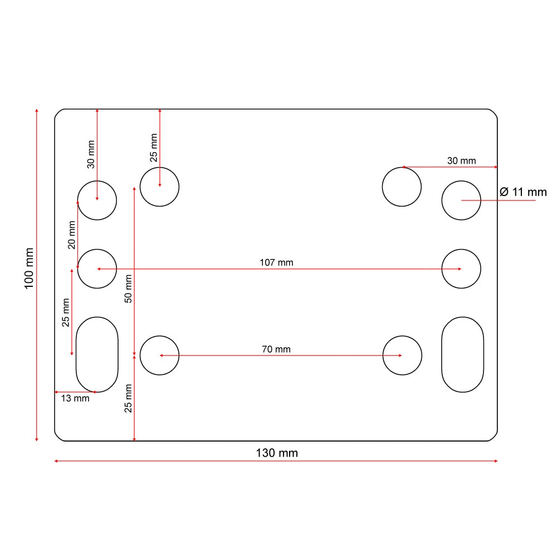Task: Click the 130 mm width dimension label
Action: (x=277, y=453)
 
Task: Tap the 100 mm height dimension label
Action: (x=29, y=268)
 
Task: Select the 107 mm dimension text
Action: (x=276, y=262)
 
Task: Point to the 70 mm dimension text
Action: (x=276, y=349)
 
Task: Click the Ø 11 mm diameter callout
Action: (x=523, y=192)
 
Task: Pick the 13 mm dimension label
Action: (x=75, y=398)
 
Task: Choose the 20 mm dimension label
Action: (x=72, y=235)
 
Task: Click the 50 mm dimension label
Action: (x=128, y=289)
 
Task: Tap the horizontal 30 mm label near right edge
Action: (x=461, y=160)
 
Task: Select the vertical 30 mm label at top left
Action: (x=91, y=154)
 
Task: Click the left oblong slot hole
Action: (x=97, y=354)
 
